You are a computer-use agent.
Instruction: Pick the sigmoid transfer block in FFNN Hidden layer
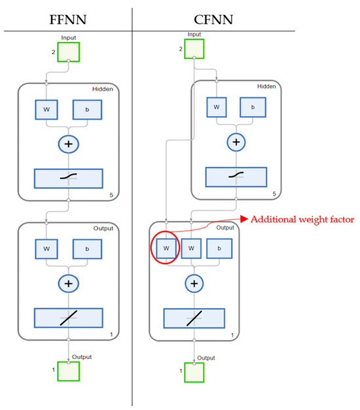(x=68, y=179)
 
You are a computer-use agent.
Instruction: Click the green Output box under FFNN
(x=68, y=370)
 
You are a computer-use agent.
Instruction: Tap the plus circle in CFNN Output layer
(x=193, y=283)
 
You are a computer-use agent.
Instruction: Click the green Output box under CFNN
(x=193, y=371)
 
